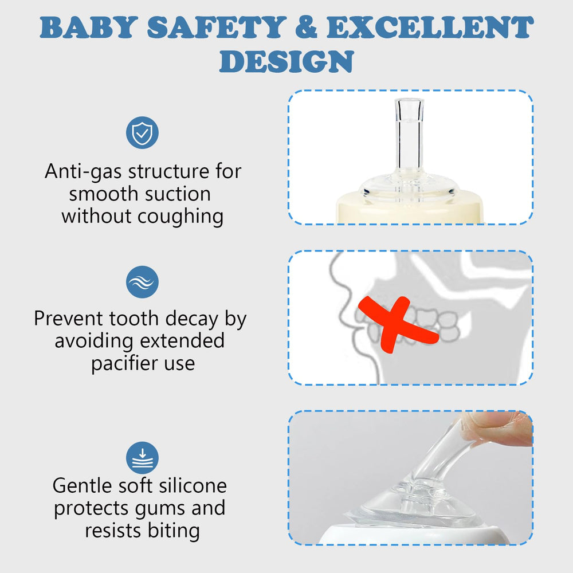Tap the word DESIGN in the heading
click(x=286, y=61)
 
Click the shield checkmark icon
click(x=142, y=132)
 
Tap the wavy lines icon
click(x=142, y=282)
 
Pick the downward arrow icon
click(x=142, y=458)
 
